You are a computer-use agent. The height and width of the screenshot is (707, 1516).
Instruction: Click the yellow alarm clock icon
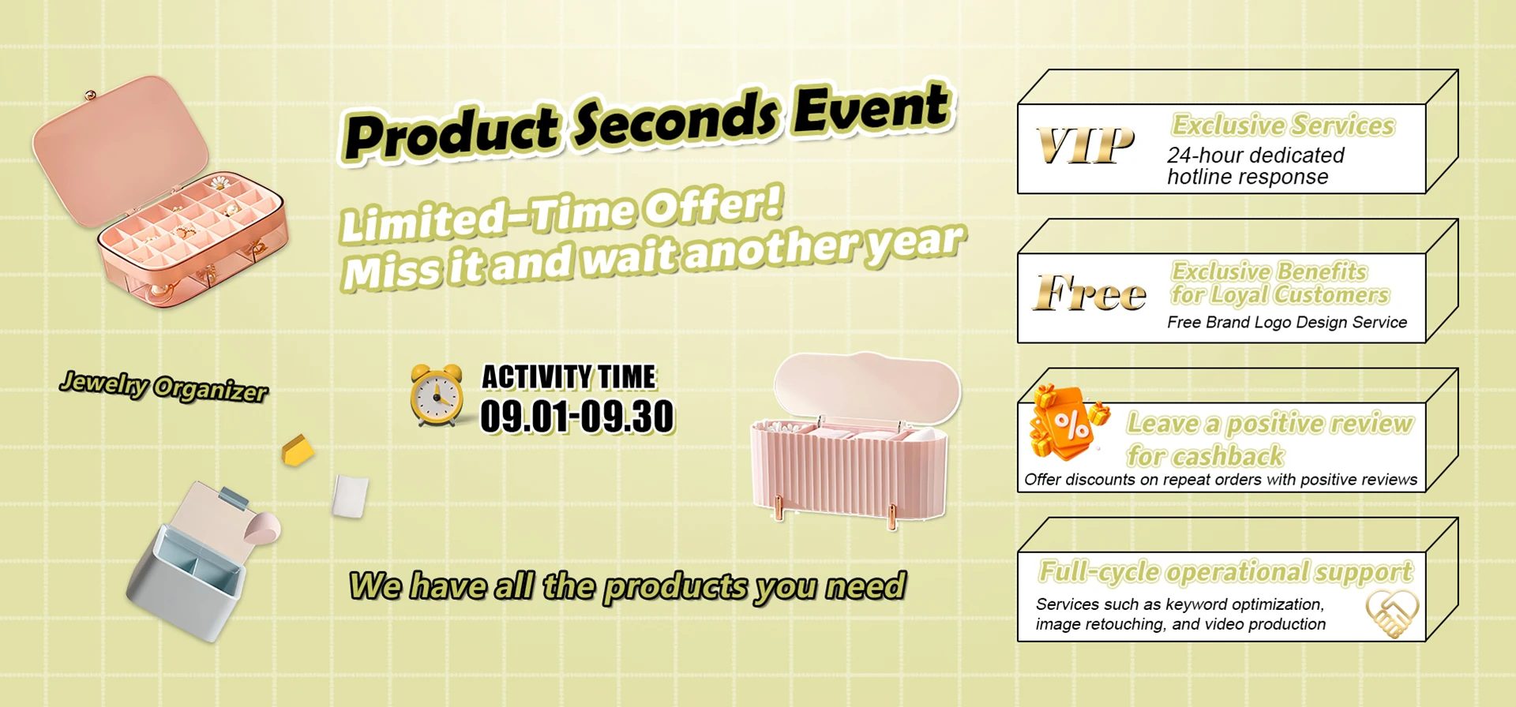437,395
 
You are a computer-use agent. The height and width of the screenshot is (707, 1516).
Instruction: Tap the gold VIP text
1086,146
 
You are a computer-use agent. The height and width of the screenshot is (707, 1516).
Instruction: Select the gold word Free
1090,293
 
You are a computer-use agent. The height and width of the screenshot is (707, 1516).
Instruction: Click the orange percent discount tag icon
1067,424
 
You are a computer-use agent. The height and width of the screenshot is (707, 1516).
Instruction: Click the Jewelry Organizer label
163,386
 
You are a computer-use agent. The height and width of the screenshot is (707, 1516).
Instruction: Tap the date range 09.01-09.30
577,416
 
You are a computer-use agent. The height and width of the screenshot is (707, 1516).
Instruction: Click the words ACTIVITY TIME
568,377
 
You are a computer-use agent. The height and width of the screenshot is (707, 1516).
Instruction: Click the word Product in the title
452,133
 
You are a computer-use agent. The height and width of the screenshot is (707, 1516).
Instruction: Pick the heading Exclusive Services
1283,125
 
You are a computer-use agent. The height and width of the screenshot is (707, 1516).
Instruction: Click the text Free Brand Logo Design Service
1287,322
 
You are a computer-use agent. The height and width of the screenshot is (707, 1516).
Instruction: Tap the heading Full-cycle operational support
1225,571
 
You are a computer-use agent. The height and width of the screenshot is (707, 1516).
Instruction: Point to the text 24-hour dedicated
1255,155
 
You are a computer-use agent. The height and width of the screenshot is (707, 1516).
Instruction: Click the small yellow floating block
298,450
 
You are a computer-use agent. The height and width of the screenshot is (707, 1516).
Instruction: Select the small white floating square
350,496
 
